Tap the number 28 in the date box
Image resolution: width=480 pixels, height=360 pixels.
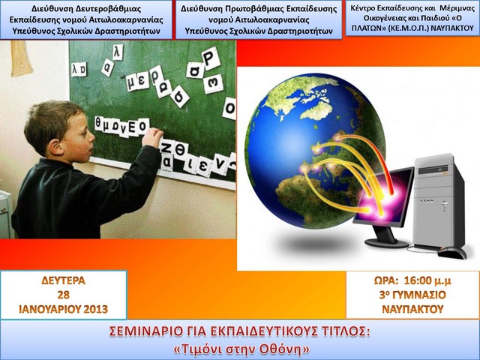point(63,294)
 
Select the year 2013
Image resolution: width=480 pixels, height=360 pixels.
point(94,308)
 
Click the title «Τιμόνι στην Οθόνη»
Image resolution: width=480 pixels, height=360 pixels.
point(240,349)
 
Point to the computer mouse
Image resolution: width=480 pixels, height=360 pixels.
point(452,252)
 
